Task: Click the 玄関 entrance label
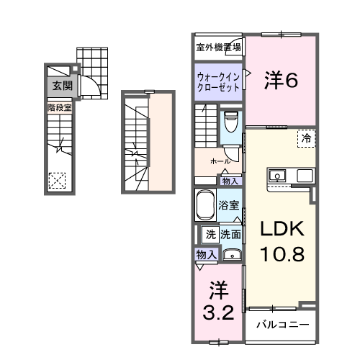click(x=61, y=85)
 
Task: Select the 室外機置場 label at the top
click(x=219, y=48)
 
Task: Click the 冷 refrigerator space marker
click(x=307, y=138)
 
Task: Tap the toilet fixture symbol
click(x=231, y=121)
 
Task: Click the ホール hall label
click(x=220, y=162)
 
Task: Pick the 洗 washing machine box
click(x=210, y=233)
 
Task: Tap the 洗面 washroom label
click(x=230, y=233)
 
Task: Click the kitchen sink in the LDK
click(x=278, y=175)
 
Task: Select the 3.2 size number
click(x=218, y=315)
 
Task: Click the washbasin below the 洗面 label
click(x=231, y=253)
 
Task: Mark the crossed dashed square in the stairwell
click(x=58, y=179)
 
